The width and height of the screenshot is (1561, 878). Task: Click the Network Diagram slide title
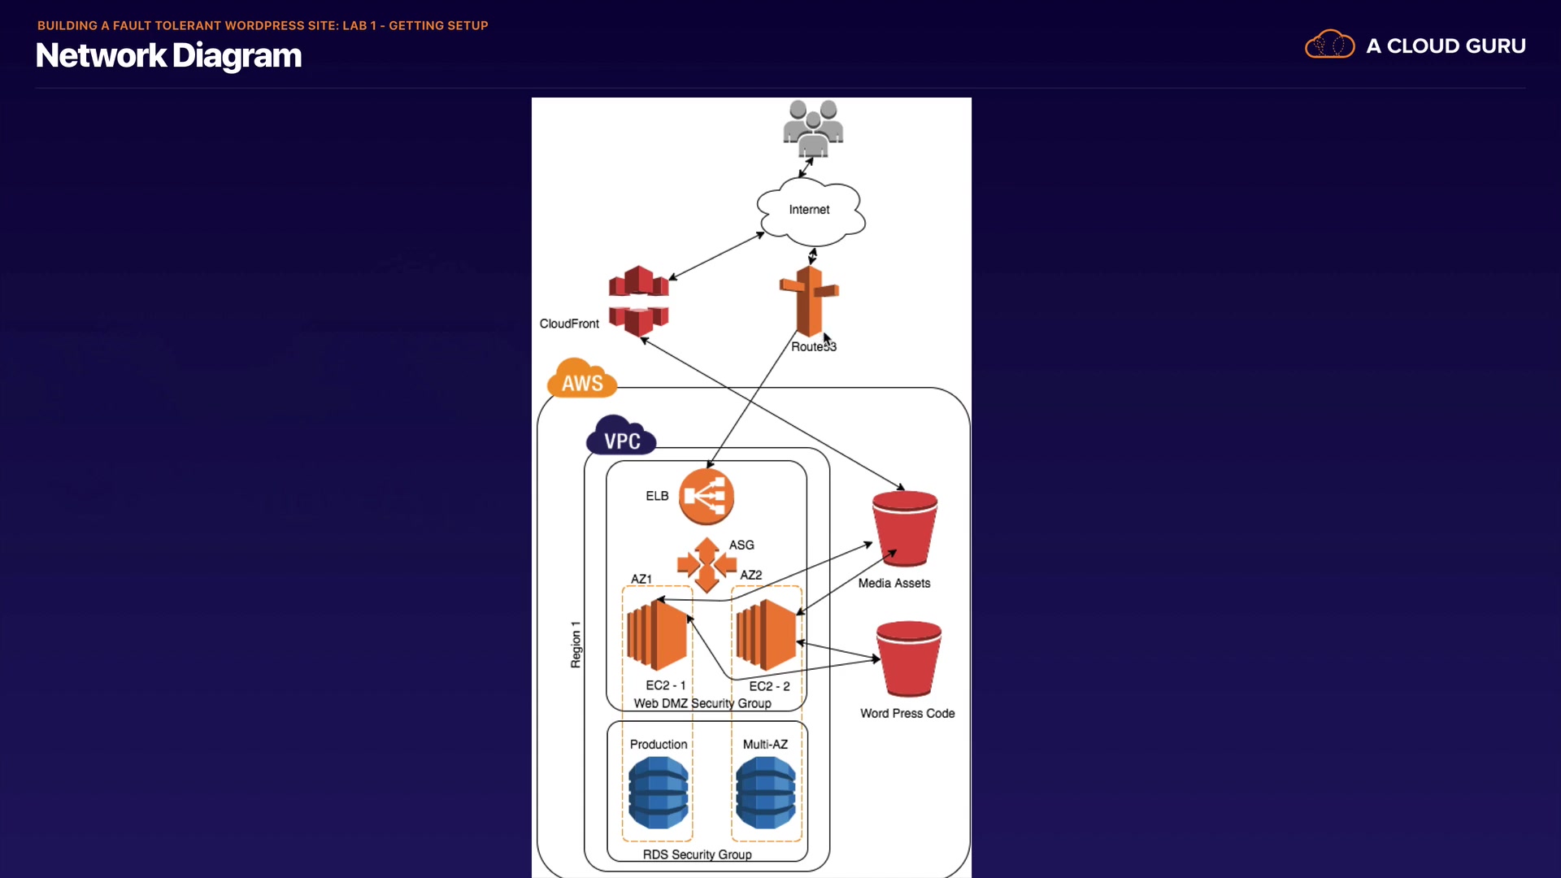pyautogui.click(x=168, y=55)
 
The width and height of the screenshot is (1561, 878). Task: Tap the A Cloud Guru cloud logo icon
pyautogui.click(x=1329, y=45)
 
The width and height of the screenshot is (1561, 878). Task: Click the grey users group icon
pyautogui.click(x=813, y=128)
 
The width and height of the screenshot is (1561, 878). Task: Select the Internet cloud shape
pyautogui.click(x=811, y=211)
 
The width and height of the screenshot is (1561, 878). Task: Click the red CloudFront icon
pyautogui.click(x=639, y=300)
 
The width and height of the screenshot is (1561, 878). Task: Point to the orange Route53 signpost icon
pyautogui.click(x=809, y=301)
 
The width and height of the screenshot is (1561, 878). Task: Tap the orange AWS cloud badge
pyautogui.click(x=582, y=379)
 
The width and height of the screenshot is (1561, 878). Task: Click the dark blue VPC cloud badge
pyautogui.click(x=621, y=437)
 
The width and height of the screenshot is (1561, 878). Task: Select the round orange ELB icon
pyautogui.click(x=707, y=496)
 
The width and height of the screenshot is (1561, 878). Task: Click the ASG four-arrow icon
pyautogui.click(x=707, y=564)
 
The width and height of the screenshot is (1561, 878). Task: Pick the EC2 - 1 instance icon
pyautogui.click(x=658, y=635)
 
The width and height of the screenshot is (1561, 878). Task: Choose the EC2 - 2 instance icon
pyautogui.click(x=766, y=635)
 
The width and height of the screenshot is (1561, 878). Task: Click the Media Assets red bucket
pyautogui.click(x=905, y=528)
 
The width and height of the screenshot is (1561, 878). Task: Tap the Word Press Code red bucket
pyautogui.click(x=909, y=659)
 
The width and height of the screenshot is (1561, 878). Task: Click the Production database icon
pyautogui.click(x=659, y=793)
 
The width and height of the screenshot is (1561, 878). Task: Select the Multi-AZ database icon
pyautogui.click(x=766, y=793)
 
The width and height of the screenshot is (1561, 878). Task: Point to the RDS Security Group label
pyautogui.click(x=697, y=854)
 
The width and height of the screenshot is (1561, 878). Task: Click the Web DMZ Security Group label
pyautogui.click(x=702, y=703)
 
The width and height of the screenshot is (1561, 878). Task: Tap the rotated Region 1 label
pyautogui.click(x=576, y=645)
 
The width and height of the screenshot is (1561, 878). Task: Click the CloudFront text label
pyautogui.click(x=569, y=324)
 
